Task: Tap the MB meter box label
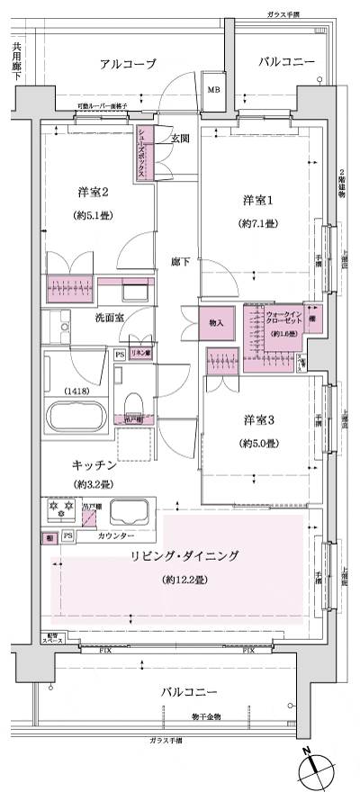pyautogui.click(x=214, y=90)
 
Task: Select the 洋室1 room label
pyautogui.click(x=256, y=199)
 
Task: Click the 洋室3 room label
pyautogui.click(x=256, y=419)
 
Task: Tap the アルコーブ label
pyautogui.click(x=128, y=63)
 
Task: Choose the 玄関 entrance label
pyautogui.click(x=180, y=139)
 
